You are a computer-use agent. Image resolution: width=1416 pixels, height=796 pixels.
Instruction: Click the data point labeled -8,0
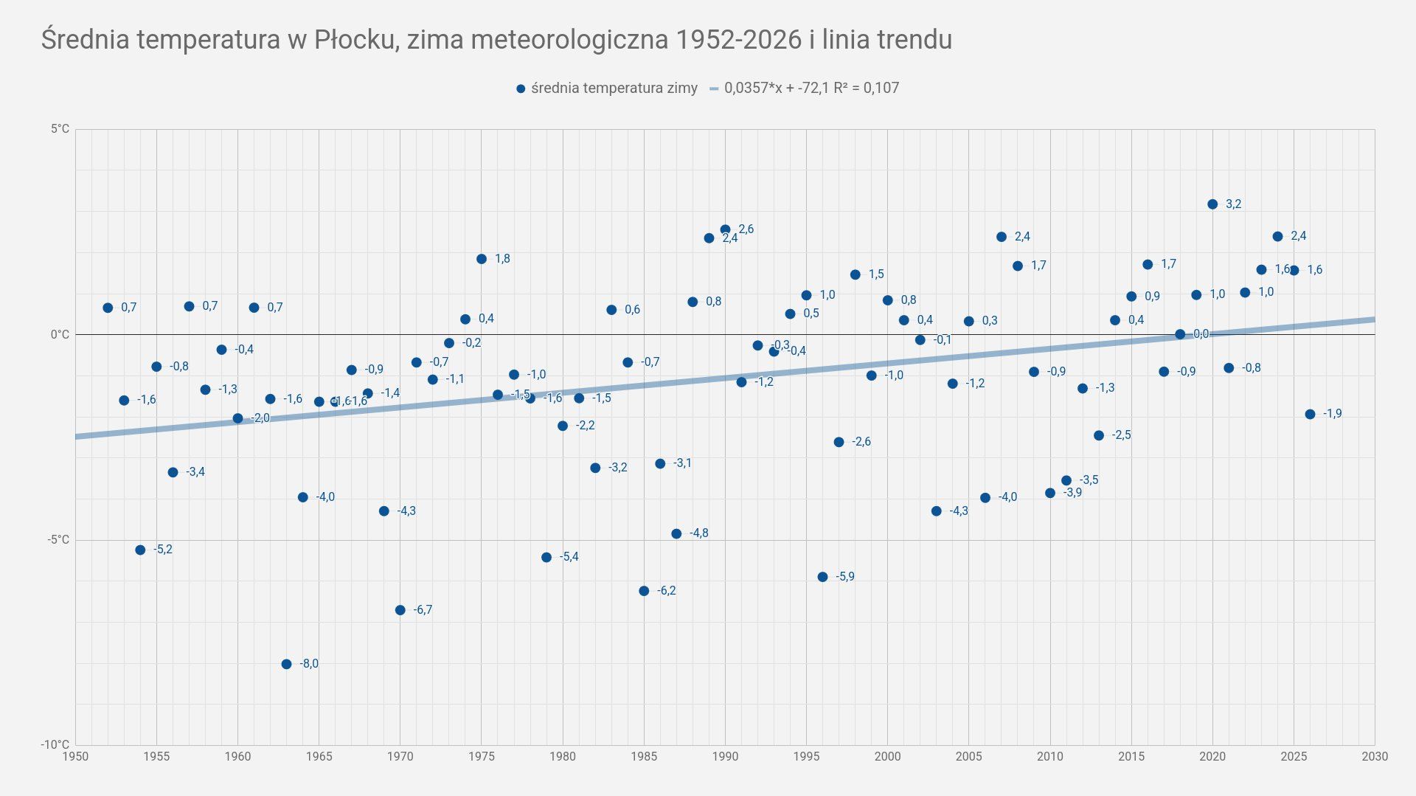pos(286,664)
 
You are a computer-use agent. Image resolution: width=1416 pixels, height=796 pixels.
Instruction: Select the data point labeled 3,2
pos(1212,204)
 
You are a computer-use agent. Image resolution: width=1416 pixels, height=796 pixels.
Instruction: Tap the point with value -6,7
pos(400,610)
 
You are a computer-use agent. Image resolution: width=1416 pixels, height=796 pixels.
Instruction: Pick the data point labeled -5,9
pos(822,577)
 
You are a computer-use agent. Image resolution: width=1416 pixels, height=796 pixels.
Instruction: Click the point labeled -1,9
pos(1310,415)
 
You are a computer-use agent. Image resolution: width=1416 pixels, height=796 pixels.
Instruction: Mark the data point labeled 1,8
pos(482,259)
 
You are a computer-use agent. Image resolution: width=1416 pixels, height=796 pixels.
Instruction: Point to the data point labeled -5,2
pos(140,550)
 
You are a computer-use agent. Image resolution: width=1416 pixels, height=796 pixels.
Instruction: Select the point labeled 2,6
pos(725,229)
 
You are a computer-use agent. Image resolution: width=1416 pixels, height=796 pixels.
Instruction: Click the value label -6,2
pos(666,591)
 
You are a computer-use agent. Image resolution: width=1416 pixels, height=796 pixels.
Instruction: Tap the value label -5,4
pos(569,557)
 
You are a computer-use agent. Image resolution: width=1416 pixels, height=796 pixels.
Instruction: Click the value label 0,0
pos(1201,334)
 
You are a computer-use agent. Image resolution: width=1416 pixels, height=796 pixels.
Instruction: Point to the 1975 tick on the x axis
pos(482,756)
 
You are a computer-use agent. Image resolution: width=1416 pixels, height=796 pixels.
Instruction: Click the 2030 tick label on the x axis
pos(1375,756)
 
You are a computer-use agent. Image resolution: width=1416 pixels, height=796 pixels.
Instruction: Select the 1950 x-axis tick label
pos(75,756)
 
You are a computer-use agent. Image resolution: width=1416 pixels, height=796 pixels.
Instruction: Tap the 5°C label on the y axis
pos(60,130)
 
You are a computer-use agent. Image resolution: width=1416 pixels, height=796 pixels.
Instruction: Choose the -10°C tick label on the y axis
pos(55,745)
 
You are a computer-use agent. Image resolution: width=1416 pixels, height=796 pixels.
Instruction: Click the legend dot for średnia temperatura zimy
pos(521,89)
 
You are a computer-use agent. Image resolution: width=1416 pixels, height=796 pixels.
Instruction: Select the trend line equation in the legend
pos(811,89)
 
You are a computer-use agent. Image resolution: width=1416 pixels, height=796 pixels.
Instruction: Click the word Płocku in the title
pos(354,40)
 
